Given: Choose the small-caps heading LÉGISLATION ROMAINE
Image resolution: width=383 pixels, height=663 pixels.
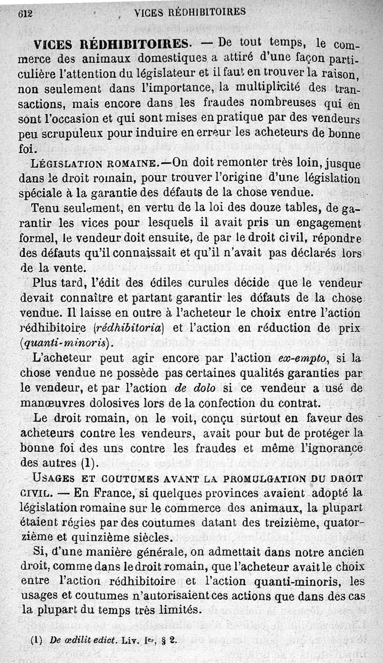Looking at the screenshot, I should [x=100, y=163].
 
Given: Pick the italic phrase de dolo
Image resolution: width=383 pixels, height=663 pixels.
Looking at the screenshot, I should [x=188, y=388].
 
